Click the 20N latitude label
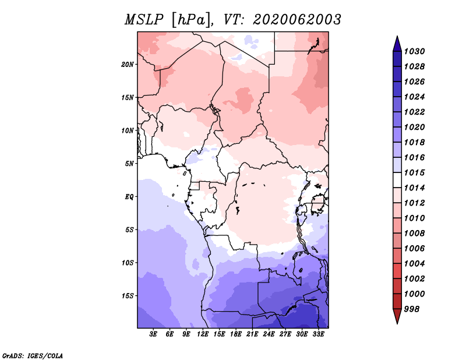(128, 65)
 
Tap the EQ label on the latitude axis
(129, 197)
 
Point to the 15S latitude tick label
(128, 296)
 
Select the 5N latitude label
(129, 164)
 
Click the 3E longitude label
(153, 334)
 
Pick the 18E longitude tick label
(236, 334)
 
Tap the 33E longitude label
(318, 334)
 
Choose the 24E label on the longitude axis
(269, 334)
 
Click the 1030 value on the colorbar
(415, 51)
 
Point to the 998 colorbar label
(412, 309)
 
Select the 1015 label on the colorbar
(415, 172)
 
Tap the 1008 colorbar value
(415, 234)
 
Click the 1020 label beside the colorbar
(415, 127)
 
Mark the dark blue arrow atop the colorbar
(397, 45)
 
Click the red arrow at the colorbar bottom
(397, 316)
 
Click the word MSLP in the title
(144, 20)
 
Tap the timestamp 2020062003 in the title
(296, 20)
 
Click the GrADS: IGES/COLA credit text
(33, 355)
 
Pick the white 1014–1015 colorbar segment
(397, 180)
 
